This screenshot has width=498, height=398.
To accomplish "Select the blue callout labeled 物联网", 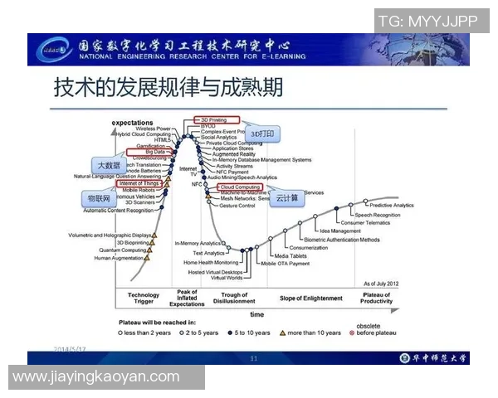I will click(100, 199).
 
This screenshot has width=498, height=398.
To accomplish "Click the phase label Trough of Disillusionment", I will click(235, 298).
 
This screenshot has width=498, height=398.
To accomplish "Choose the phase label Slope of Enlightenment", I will click(310, 298).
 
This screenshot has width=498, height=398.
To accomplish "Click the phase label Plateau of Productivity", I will click(376, 298).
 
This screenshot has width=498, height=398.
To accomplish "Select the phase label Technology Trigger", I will click(144, 298).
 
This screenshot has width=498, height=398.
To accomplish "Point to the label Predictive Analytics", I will click(391, 206).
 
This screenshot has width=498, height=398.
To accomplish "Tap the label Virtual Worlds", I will click(227, 278).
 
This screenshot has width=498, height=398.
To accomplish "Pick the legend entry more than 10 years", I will click(314, 332).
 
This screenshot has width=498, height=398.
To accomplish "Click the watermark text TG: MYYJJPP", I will click(432, 21).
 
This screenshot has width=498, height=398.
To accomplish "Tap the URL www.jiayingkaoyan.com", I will click(96, 376).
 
